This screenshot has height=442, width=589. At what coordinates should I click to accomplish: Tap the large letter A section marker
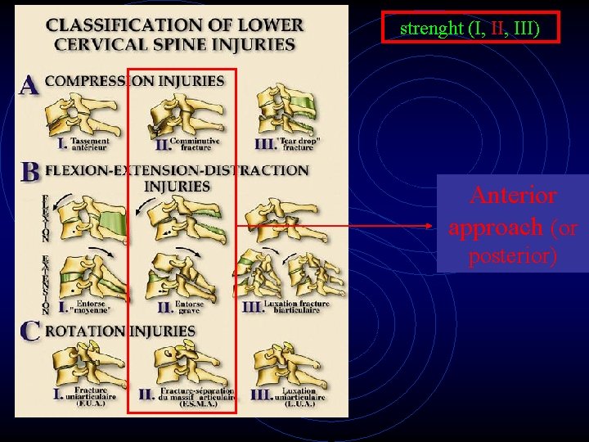click(x=29, y=84)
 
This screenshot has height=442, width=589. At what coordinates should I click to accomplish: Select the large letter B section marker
click(x=30, y=172)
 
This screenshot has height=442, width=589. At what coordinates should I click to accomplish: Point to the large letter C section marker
click(x=30, y=331)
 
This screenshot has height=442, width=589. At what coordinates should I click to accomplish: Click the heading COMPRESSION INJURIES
click(x=134, y=81)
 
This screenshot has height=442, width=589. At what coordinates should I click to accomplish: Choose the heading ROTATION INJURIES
click(x=119, y=331)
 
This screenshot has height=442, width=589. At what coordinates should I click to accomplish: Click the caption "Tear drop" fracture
click(x=299, y=144)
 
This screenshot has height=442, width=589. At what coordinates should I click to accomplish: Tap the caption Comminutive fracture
click(x=199, y=144)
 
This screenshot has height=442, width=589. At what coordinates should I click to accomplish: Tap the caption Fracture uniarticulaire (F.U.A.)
click(x=91, y=396)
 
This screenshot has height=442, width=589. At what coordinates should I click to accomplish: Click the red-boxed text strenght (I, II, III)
click(x=469, y=29)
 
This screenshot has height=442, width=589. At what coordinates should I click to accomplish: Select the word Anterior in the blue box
click(x=513, y=196)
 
